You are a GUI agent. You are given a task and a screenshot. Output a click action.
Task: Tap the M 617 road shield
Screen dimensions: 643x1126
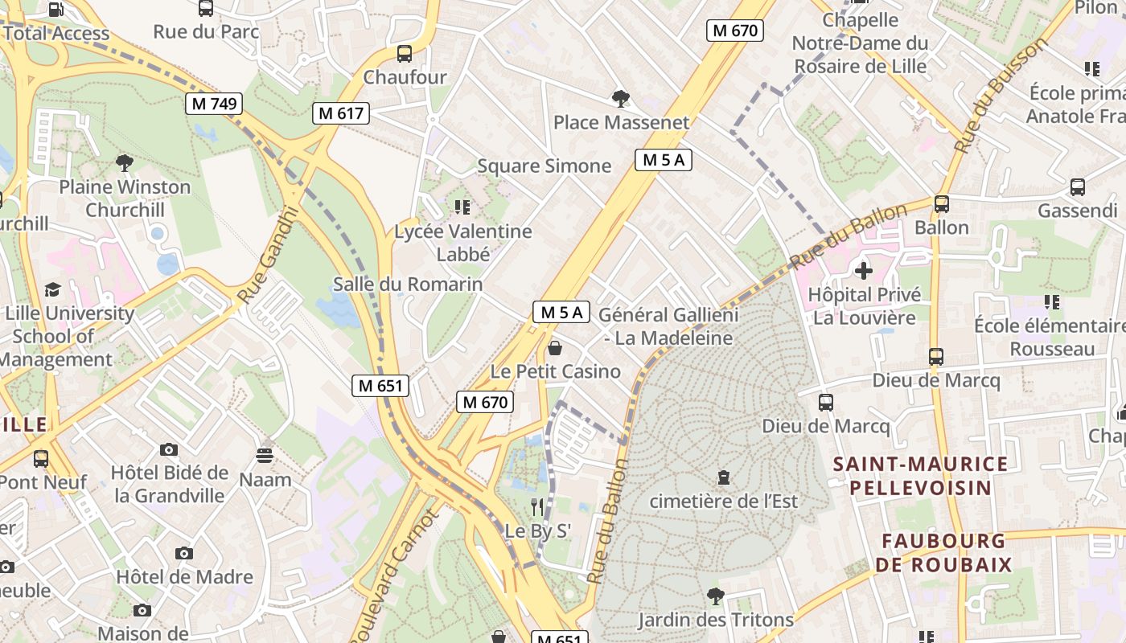(341, 113)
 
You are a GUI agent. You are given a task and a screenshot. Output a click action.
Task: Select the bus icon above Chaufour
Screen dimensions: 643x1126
(404, 54)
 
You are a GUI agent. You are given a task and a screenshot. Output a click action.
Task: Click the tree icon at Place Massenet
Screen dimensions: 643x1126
(620, 99)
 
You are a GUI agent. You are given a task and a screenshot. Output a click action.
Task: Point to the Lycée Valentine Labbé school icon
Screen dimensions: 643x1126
(462, 207)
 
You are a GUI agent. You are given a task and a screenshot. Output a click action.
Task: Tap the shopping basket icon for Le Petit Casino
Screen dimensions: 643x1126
(554, 348)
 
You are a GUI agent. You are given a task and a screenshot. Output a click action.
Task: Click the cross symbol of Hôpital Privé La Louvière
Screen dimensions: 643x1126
(863, 271)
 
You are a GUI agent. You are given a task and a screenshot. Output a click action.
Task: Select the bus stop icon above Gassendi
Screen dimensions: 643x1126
(1077, 187)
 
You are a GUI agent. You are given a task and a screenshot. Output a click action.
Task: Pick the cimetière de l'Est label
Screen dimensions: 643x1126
(723, 501)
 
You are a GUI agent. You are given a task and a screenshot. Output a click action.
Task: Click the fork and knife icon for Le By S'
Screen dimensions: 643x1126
(537, 506)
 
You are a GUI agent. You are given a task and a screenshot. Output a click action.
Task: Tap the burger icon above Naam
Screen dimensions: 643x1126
(265, 456)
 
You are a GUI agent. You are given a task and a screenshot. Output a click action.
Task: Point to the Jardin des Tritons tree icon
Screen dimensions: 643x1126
(715, 596)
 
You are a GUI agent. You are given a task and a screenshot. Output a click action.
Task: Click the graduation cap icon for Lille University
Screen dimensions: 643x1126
(52, 289)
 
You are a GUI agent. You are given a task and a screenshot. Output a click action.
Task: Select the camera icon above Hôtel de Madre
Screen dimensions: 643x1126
(184, 553)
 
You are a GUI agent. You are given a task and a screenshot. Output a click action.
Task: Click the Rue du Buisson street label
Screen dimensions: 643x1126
(1001, 95)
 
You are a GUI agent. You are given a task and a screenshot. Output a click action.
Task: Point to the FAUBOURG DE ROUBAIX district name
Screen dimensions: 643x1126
(943, 552)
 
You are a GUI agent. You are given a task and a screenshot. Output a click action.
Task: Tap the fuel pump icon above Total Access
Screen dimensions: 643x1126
(55, 10)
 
